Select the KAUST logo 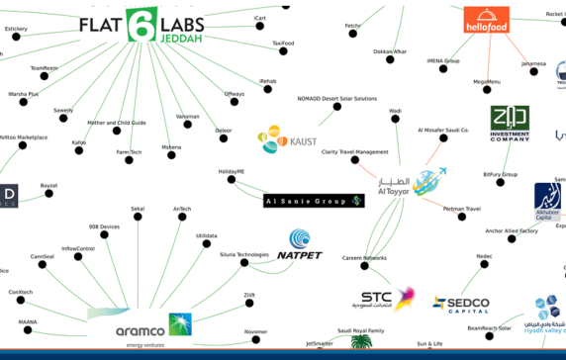288,140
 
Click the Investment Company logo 510,126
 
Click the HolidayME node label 231,171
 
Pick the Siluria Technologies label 243,254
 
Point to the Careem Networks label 364,257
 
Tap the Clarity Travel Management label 354,151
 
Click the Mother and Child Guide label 117,123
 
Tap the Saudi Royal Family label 360,330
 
